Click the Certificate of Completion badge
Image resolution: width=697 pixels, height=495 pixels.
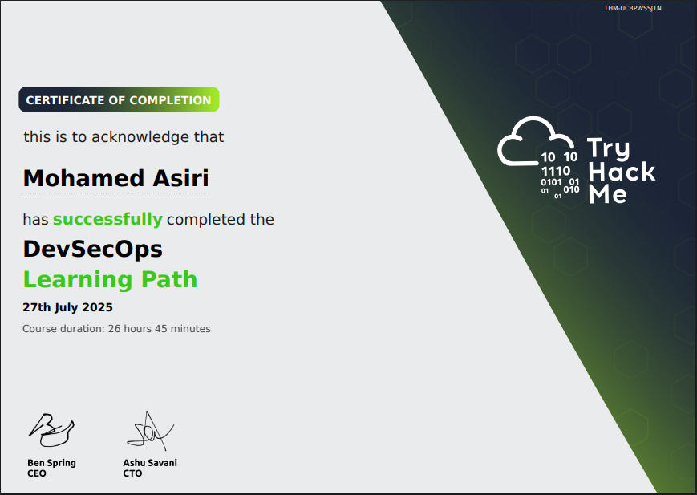[119, 99]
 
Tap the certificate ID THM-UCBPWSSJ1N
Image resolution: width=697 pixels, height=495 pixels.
[633, 8]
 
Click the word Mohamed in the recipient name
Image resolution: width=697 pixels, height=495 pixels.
[83, 178]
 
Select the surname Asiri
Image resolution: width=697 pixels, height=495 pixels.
[180, 178]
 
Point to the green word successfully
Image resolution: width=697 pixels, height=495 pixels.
[107, 220]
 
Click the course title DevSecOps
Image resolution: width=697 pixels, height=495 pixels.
[92, 249]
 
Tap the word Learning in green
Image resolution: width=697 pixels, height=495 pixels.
[78, 280]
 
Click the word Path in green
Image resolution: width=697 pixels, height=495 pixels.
[169, 279]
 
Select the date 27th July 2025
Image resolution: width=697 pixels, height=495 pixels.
[67, 308]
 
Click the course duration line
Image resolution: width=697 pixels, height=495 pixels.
[116, 329]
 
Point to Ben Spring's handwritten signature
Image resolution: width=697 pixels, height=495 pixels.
[51, 430]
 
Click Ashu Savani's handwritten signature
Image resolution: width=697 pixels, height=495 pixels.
[150, 431]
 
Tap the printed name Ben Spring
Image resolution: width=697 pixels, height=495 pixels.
[51, 463]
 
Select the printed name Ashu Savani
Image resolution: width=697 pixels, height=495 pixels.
[150, 463]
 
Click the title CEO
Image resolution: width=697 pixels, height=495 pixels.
[36, 473]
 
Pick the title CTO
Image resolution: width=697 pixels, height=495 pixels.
[132, 473]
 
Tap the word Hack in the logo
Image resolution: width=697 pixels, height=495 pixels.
[622, 172]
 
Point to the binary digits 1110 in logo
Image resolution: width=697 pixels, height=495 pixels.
[556, 171]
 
